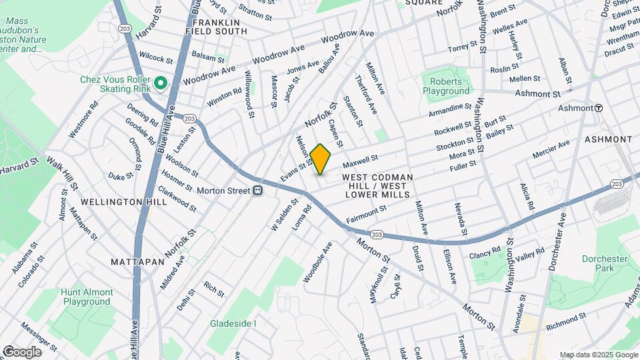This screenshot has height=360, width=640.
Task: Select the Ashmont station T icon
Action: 599,108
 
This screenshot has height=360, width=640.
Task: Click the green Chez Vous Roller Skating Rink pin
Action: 160,83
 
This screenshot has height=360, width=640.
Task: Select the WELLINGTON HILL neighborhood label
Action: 115,201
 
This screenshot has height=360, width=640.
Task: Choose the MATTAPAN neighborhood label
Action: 138,262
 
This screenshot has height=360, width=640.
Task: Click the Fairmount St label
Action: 366,214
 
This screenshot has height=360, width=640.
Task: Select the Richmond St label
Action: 565,323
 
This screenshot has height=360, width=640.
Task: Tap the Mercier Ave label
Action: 551,149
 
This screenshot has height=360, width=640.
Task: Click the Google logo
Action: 21,351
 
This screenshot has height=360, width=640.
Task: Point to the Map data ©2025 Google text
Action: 598,355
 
